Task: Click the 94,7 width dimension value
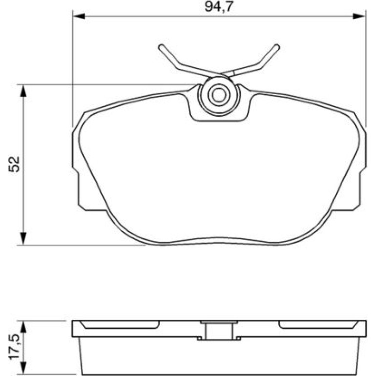pyautogui.click(x=219, y=7)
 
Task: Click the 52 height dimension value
pyautogui.click(x=14, y=164)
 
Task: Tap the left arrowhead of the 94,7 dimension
pyautogui.click(x=79, y=16)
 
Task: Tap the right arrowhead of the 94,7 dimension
pyautogui.click(x=359, y=16)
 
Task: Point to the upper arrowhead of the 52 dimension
pyautogui.click(x=23, y=91)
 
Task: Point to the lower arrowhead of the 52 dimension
pyautogui.click(x=23, y=239)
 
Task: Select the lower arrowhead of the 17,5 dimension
pyautogui.click(x=23, y=368)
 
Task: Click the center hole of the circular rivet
pyautogui.click(x=219, y=95)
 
